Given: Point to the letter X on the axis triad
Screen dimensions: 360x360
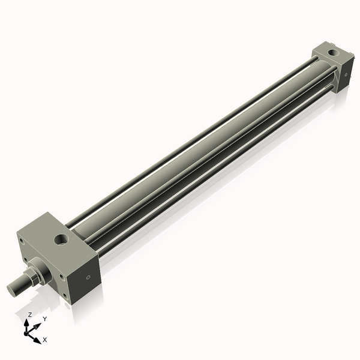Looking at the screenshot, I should (x=45, y=340).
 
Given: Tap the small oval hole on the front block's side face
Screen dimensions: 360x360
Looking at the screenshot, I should (x=89, y=278).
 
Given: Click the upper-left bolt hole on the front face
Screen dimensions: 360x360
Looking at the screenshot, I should (x=22, y=242).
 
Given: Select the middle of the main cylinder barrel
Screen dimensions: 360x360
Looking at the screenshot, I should (x=198, y=144).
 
